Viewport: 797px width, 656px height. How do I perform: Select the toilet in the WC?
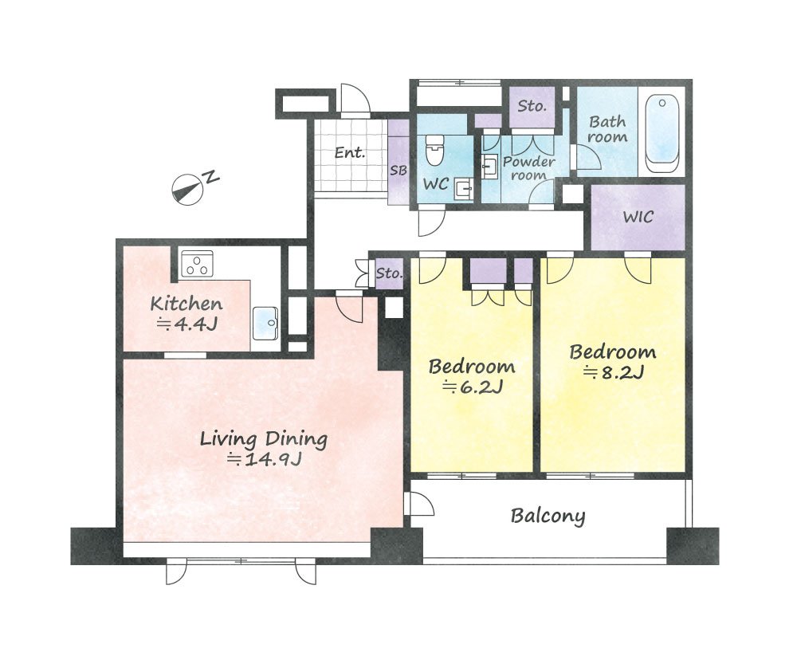434,150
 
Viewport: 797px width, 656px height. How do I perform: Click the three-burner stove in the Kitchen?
197,263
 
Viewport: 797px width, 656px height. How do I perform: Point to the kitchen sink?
265,323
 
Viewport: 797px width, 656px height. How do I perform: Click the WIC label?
638,217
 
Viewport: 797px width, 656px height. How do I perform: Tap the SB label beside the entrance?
398,171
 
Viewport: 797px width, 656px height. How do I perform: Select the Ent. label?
350,152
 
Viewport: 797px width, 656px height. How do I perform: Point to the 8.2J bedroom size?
614,373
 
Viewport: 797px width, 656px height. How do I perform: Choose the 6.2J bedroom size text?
473,387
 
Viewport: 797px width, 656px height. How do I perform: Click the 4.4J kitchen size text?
187,324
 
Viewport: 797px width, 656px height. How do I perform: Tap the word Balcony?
548,517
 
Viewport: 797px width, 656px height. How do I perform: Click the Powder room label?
528,168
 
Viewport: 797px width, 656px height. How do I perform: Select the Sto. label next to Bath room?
532,106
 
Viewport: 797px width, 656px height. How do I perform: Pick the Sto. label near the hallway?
390,273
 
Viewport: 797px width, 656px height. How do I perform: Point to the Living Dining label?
264,439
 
